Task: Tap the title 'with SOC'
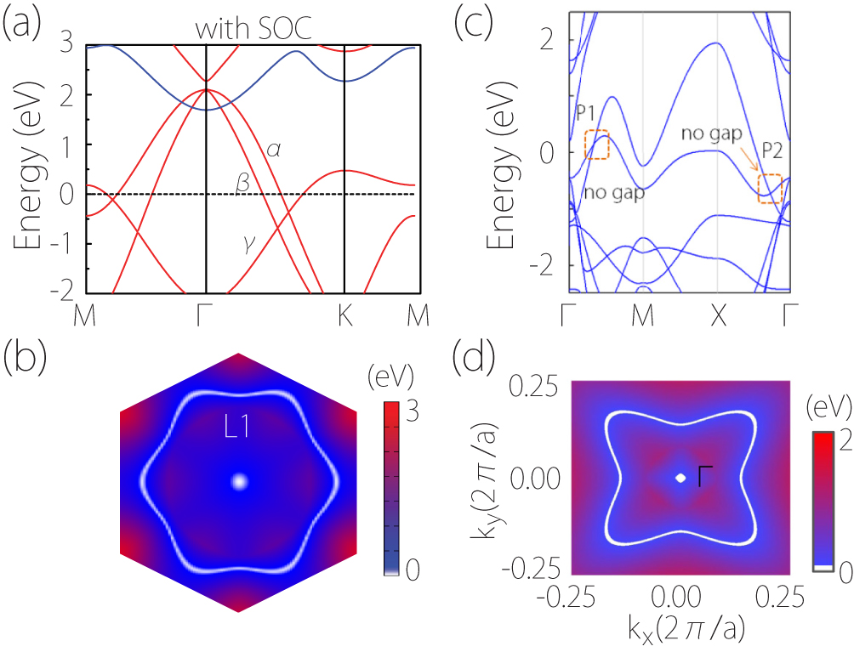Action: point(253,30)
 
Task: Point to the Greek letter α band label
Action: point(274,150)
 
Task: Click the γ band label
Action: point(248,246)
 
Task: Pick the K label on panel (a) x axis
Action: point(343,315)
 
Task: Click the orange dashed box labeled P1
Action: point(597,145)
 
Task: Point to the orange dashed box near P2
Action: point(770,188)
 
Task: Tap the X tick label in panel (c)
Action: point(718,315)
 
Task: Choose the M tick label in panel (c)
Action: point(643,315)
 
